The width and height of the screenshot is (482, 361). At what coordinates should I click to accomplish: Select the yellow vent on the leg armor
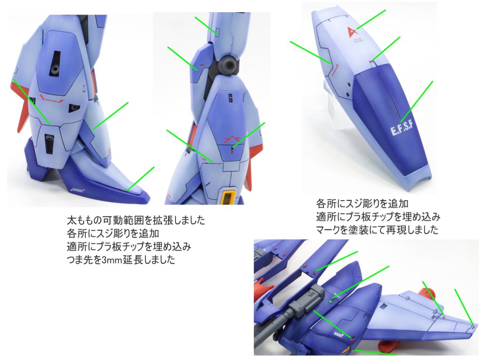228,196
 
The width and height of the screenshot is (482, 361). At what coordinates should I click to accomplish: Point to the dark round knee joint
230,65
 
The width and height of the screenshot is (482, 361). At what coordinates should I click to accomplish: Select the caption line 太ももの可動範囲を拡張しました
136,220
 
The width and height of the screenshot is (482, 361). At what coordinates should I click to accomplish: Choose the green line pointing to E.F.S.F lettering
416,100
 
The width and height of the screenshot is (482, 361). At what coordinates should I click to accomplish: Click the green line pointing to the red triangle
372,19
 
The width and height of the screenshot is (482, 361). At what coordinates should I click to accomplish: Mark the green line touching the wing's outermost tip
463,306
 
